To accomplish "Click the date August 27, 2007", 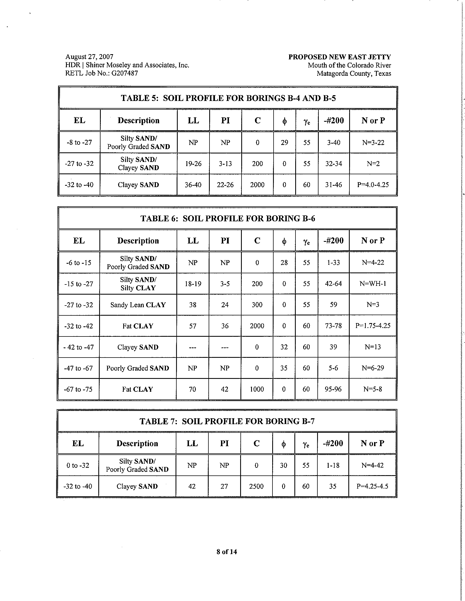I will click(x=89, y=57).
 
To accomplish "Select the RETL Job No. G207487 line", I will click(x=101, y=73).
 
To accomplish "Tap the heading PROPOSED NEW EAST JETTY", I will click(x=339, y=57).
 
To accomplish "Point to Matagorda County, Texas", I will click(x=354, y=74).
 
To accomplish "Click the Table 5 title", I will click(x=228, y=98).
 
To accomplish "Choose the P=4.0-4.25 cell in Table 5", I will click(x=373, y=185).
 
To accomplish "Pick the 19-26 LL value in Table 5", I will click(x=193, y=164).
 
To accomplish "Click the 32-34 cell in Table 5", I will click(x=334, y=164).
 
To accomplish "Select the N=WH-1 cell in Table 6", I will click(x=373, y=284).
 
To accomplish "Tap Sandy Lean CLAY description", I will click(x=138, y=305).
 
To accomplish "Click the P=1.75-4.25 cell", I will click(x=373, y=326).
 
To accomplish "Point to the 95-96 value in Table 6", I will click(x=333, y=389).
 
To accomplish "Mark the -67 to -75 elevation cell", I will click(x=78, y=389).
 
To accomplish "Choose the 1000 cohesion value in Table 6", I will click(x=257, y=389).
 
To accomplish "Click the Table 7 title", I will click(x=227, y=421).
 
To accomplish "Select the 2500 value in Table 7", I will click(x=256, y=486).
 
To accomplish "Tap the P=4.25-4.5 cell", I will click(x=372, y=486).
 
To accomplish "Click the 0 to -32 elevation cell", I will click(x=78, y=465).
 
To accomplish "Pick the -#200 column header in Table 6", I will click(x=333, y=240).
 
